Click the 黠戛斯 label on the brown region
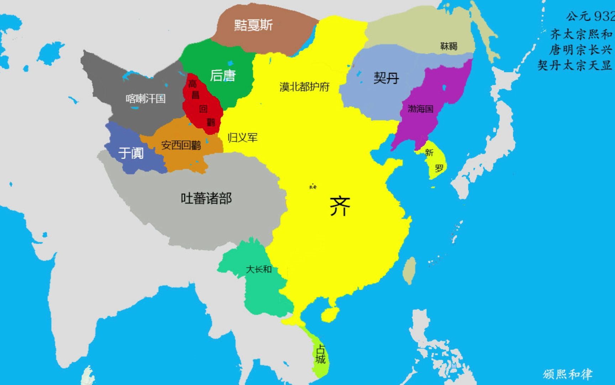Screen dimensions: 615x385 point(253,25)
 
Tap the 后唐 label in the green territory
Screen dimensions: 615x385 point(222,76)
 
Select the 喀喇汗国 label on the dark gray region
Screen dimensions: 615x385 point(146,98)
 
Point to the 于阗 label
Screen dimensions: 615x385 point(131,153)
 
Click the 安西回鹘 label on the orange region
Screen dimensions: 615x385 point(181,145)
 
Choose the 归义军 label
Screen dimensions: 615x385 point(242,138)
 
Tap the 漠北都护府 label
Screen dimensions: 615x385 point(304,87)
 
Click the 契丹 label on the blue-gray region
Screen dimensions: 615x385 point(386,78)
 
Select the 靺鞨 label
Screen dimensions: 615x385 point(448,46)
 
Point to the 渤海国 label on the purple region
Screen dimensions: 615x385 point(420,109)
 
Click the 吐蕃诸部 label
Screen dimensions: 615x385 point(206,199)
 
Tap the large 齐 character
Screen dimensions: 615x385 point(340,206)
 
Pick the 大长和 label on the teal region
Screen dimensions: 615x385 point(259,269)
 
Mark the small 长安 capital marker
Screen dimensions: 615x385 point(312,187)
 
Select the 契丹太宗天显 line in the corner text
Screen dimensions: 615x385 point(575,65)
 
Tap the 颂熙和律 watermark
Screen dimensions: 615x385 point(567,374)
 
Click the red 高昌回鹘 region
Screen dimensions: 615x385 point(202,107)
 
